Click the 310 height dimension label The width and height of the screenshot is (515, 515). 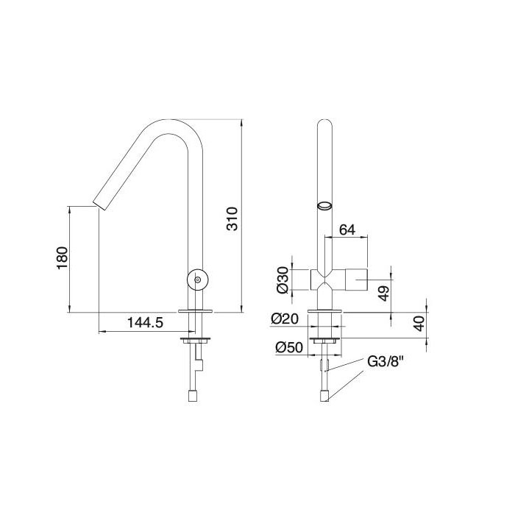(x=232, y=219)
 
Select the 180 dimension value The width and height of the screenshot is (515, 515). (x=63, y=257)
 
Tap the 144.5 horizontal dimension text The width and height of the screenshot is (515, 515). (x=145, y=323)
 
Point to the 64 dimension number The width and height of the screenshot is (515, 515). (x=347, y=230)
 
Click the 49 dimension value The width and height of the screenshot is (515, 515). (x=383, y=293)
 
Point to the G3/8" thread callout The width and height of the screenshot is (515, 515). (x=385, y=363)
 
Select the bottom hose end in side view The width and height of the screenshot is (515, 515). (x=193, y=396)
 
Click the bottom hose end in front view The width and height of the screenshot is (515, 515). (x=324, y=397)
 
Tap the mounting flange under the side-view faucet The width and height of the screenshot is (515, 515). (x=197, y=312)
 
